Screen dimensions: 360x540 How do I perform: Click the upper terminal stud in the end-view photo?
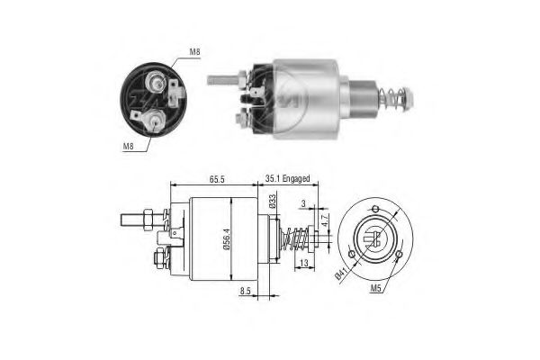[x=157, y=83]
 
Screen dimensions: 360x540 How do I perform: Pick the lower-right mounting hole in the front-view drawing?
[x=399, y=259]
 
